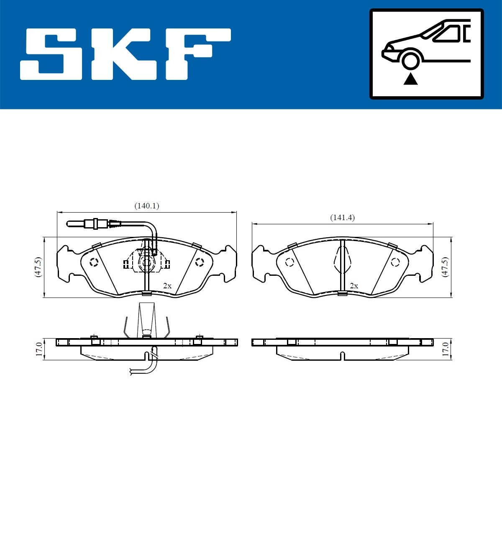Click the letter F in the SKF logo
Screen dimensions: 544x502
pyautogui.click(x=197, y=54)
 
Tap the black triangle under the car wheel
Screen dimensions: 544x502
pyautogui.click(x=410, y=79)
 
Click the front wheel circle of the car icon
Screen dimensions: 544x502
pyautogui.click(x=410, y=60)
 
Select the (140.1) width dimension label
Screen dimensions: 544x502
pyautogui.click(x=146, y=206)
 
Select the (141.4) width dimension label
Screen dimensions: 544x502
pyautogui.click(x=342, y=218)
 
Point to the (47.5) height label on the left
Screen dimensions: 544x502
pyautogui.click(x=38, y=267)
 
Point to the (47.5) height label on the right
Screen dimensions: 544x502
pyautogui.click(x=445, y=267)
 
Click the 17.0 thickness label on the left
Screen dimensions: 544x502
pyautogui.click(x=39, y=349)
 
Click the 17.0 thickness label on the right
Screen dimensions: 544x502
pyautogui.click(x=445, y=349)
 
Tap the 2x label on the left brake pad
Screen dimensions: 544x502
pyautogui.click(x=167, y=286)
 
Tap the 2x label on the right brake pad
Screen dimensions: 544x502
pyautogui.click(x=354, y=286)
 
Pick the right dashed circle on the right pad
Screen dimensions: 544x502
pyautogui.click(x=395, y=262)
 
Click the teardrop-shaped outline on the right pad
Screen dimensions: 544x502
pyautogui.click(x=343, y=260)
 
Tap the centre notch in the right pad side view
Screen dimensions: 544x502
pyautogui.click(x=343, y=356)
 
